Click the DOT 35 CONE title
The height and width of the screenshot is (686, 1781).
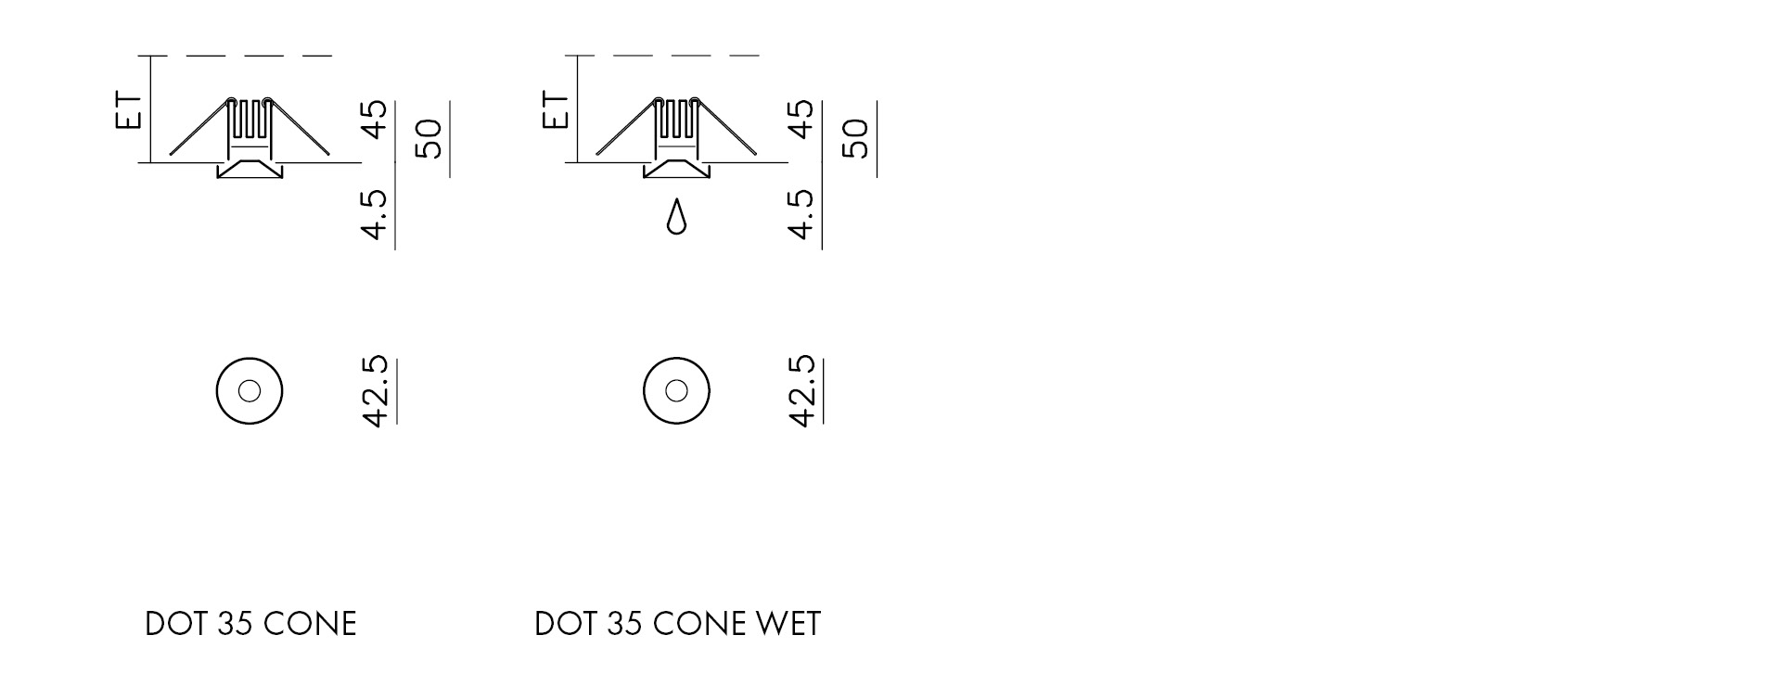point(250,624)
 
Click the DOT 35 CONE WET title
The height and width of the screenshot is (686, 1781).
point(677,624)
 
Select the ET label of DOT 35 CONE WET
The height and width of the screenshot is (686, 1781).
point(556,109)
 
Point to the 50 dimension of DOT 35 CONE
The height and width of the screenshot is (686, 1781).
point(429,138)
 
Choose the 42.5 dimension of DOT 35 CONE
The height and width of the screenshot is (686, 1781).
point(375,391)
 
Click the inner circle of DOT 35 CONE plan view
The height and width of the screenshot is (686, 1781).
point(249,391)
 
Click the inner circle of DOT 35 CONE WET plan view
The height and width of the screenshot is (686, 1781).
point(676,391)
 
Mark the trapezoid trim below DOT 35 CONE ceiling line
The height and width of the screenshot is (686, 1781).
point(249,170)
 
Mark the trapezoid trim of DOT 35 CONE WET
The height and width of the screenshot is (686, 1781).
point(676,170)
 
